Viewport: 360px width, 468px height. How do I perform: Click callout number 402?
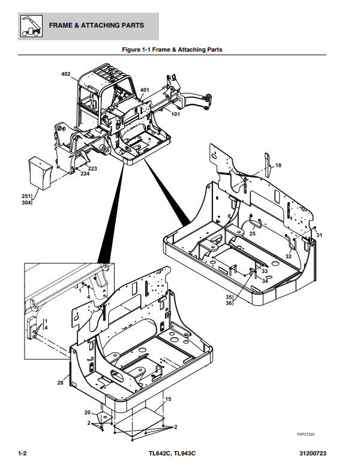pos(65,74)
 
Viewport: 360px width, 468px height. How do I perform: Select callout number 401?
pos(145,90)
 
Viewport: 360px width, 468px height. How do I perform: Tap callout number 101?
pos(176,114)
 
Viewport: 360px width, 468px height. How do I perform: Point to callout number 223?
pos(92,169)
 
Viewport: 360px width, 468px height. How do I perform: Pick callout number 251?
pos(26,196)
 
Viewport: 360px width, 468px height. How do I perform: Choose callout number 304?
pos(26,203)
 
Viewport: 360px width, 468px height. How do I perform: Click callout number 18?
pos(278,165)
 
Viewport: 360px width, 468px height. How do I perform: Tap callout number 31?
pos(319,235)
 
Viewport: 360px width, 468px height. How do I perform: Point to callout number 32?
pos(288,256)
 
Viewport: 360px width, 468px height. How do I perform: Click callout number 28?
pos(60,382)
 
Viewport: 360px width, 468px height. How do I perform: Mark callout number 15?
pos(169,399)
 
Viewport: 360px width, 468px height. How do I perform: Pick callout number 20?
pos(87,413)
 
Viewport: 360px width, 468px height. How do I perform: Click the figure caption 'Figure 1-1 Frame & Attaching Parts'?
pos(172,49)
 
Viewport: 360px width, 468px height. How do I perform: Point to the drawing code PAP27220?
pos(306,434)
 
